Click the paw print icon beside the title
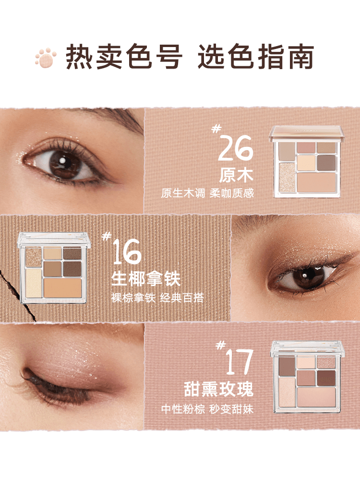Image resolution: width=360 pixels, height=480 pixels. [46, 58]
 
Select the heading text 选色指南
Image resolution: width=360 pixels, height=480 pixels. [255, 58]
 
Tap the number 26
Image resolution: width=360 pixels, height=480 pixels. [235, 149]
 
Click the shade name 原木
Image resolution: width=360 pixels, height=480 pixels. [236, 175]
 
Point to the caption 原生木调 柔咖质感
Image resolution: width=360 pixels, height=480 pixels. [207, 193]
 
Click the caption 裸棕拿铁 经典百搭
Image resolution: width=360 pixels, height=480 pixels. [157, 298]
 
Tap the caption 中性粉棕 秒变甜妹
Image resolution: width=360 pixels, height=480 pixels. [207, 409]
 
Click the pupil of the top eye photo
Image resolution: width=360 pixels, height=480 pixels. [63, 162]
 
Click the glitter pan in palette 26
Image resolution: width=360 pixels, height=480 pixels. [287, 177]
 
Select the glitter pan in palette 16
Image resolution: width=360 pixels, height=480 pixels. [33, 255]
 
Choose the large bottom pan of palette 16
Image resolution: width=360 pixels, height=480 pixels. [63, 287]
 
